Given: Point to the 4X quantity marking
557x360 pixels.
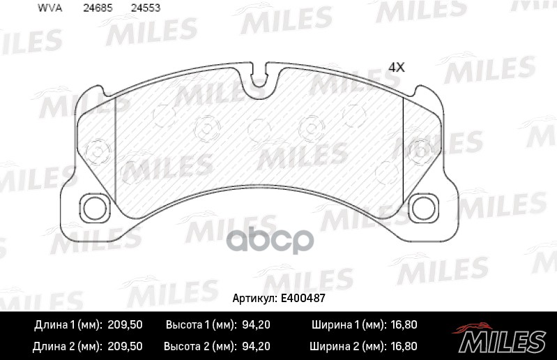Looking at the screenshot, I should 396,67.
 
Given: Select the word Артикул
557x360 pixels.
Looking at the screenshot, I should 255,298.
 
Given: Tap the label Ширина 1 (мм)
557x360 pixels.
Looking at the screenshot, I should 346,325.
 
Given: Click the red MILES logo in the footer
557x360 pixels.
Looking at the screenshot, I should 501,339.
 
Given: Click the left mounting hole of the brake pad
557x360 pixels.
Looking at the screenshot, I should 93,208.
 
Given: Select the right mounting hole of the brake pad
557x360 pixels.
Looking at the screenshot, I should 422,208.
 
